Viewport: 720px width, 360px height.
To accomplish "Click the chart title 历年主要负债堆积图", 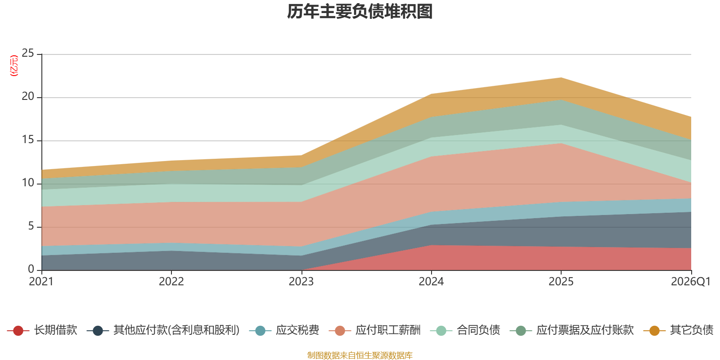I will [360, 12].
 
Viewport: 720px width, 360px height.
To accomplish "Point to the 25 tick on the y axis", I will [28, 53].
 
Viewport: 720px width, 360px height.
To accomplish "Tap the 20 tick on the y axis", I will [28, 96].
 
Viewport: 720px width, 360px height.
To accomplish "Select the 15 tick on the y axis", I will [28, 139].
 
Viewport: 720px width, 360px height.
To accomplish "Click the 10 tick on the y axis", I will [28, 183].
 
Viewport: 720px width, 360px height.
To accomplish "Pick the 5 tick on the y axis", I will [31, 226].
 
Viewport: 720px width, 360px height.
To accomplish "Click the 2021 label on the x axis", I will [41, 282].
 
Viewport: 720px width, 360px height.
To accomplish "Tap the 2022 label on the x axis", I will [171, 282].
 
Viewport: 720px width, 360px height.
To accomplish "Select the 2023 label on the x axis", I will [301, 282].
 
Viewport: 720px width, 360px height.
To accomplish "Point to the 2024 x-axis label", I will [431, 282].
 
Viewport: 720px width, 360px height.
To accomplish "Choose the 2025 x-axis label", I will [561, 282].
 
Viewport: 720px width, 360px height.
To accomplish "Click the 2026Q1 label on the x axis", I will [690, 282].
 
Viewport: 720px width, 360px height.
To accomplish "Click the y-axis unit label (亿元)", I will [14, 66].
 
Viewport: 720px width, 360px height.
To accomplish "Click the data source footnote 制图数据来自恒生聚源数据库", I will [360, 355].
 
